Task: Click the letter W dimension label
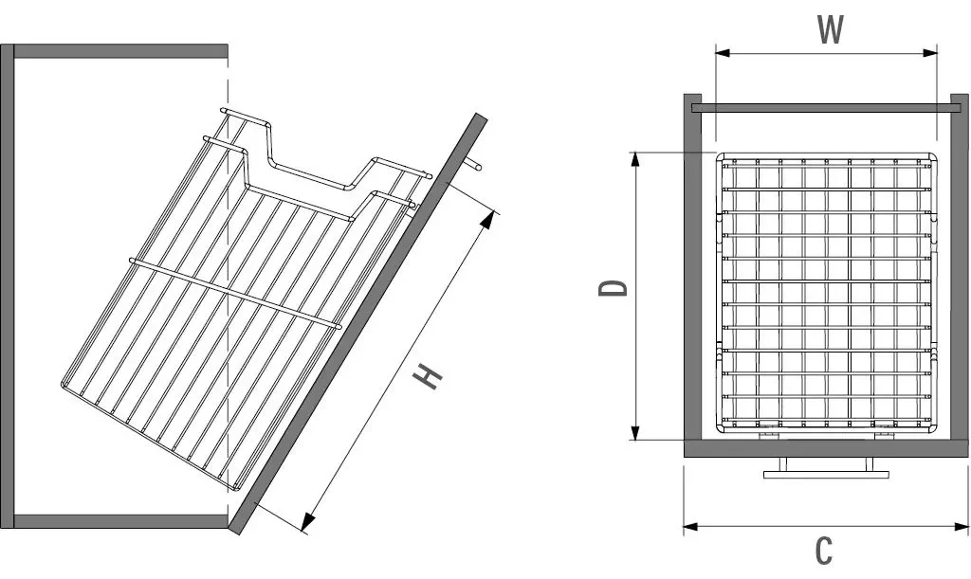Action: tap(830, 28)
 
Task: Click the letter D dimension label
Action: tap(614, 288)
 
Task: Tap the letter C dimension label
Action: tap(824, 550)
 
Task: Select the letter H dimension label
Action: tap(428, 377)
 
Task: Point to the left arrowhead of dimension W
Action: tap(723, 53)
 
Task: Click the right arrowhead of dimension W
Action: tap(931, 53)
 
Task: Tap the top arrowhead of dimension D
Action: tap(634, 159)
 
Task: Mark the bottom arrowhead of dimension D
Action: tap(634, 432)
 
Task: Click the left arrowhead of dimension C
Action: tap(691, 527)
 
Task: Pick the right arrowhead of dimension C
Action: tap(961, 527)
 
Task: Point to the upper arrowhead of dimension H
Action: tap(491, 220)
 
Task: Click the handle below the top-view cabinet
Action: tap(827, 469)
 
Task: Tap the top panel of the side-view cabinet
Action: tap(120, 51)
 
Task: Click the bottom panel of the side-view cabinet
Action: tap(120, 521)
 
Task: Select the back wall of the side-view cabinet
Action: tap(7, 286)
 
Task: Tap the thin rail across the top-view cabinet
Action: tap(830, 108)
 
